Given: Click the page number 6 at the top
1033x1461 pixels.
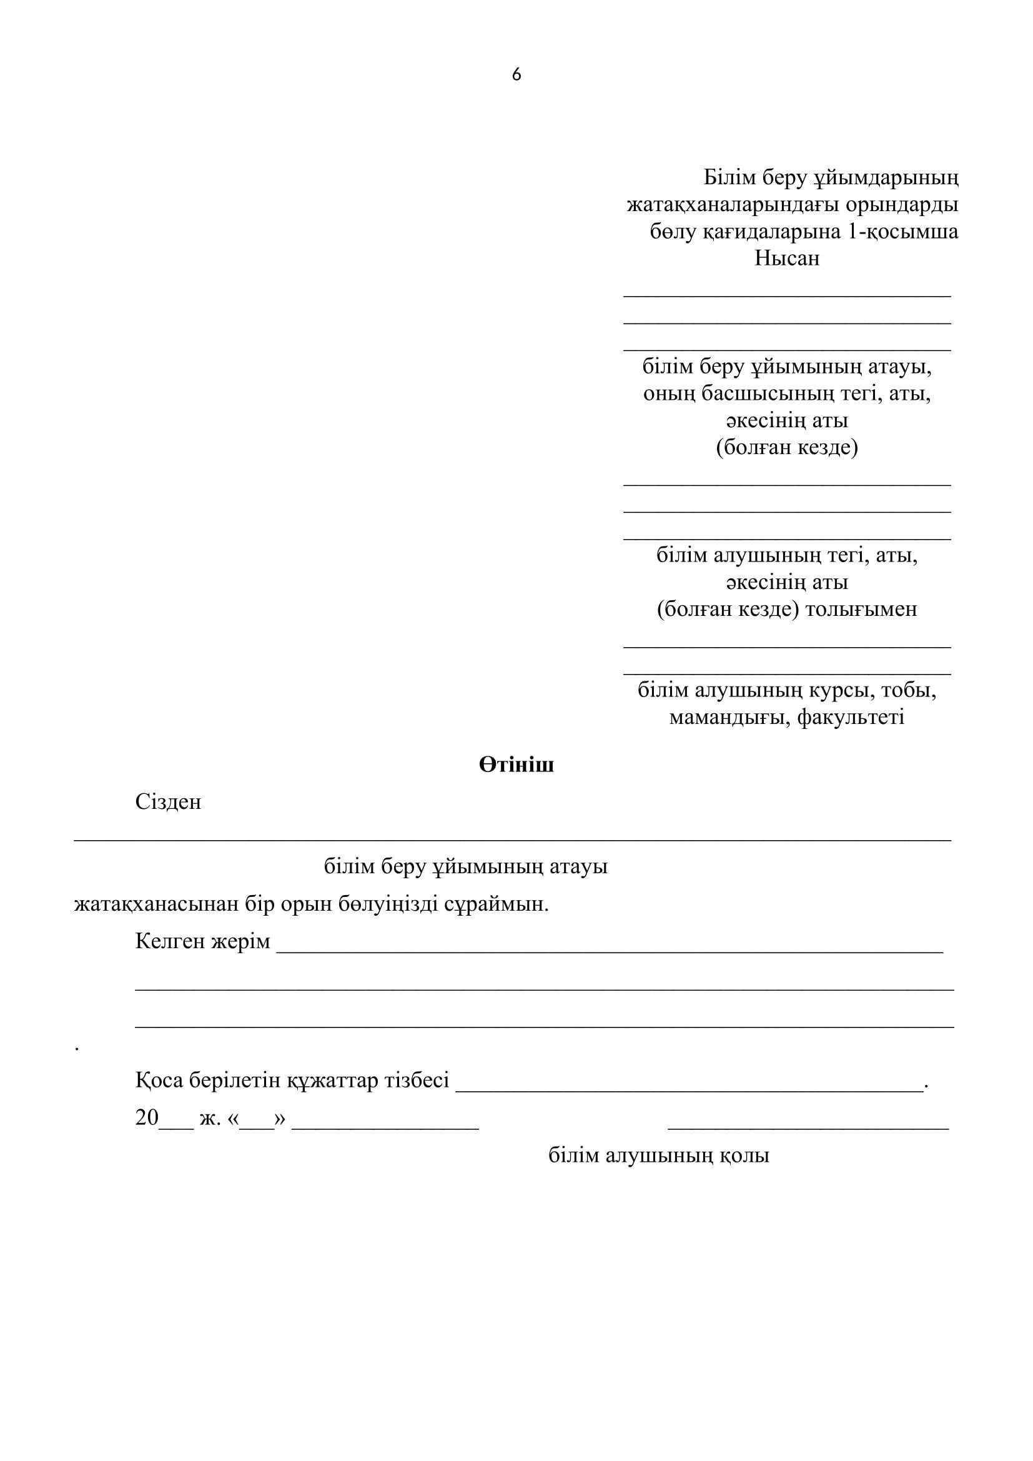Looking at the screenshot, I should click(x=516, y=75).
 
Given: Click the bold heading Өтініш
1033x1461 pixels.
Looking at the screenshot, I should click(x=516, y=765).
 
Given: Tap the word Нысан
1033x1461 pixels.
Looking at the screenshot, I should click(x=787, y=259).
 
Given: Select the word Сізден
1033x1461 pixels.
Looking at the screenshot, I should click(x=168, y=802).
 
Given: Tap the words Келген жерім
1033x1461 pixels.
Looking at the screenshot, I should click(x=202, y=941).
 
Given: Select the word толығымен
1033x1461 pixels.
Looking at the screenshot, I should click(x=861, y=610).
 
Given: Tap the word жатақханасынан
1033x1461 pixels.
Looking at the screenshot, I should click(x=157, y=904).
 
